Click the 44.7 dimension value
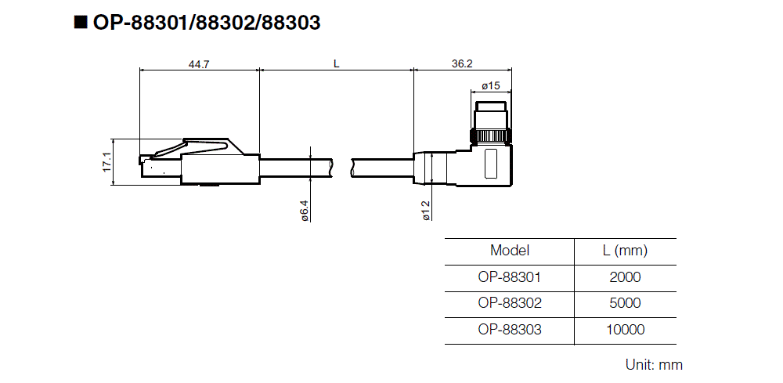coord(199,64)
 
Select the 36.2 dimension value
coord(462,64)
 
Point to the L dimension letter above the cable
coord(336,64)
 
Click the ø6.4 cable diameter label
coord(305,209)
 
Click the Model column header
coord(510,251)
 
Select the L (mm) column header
coord(625,251)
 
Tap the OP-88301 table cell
coord(510,277)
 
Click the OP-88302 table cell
coord(510,303)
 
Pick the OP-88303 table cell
coord(510,330)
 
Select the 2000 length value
coord(625,277)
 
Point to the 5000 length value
coord(625,303)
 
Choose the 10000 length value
coord(625,330)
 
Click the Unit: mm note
coord(654,364)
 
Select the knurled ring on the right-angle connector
coord(491,137)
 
